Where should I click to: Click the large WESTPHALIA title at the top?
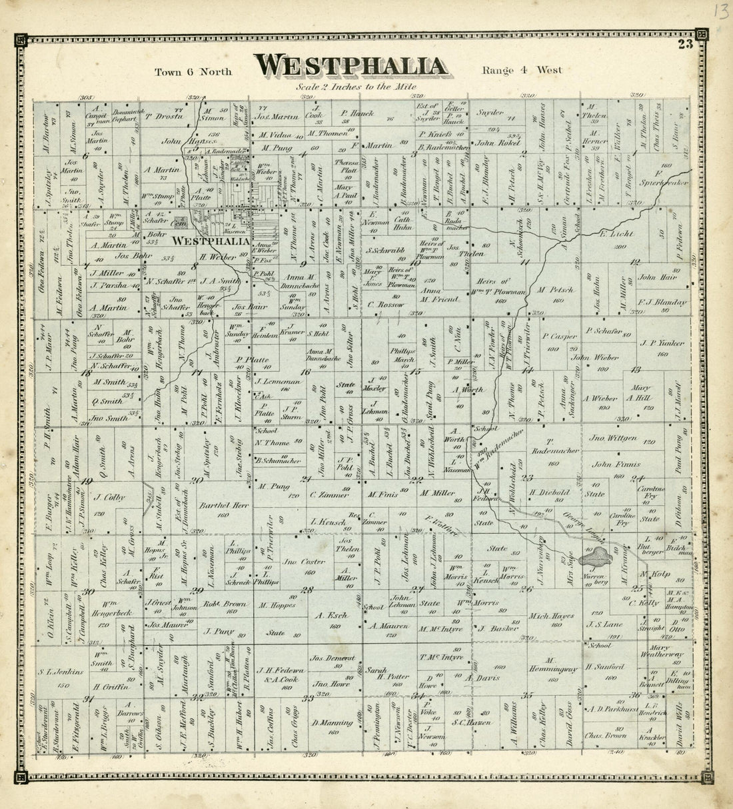point(351,66)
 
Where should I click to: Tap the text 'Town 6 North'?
point(193,71)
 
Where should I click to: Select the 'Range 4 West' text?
point(522,70)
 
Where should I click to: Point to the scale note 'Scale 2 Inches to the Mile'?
point(357,87)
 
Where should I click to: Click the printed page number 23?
point(685,45)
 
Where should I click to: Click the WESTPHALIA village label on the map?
point(210,241)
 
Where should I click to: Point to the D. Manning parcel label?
point(326,722)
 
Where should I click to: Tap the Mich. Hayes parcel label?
point(550,616)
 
